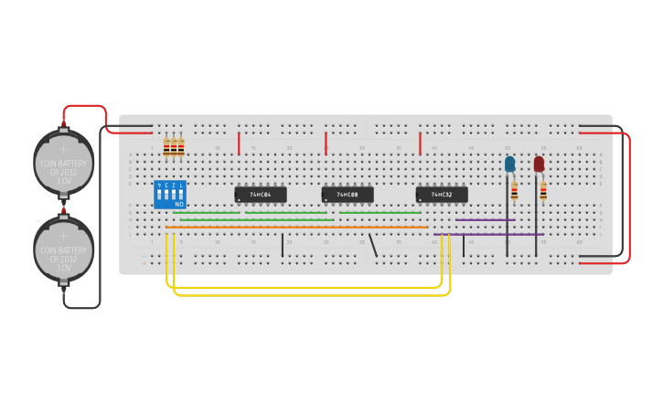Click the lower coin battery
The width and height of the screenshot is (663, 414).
pos(64,249)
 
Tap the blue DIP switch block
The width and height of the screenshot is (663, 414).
pos(170,194)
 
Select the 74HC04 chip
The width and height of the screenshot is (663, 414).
pos(261,195)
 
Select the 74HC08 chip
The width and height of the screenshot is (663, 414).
pos(348,195)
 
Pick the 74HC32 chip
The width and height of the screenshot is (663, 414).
pos(442,195)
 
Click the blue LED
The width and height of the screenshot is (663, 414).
pos(510,165)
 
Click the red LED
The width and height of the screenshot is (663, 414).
pos(539,164)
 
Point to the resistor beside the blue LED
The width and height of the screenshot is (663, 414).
pos(514,190)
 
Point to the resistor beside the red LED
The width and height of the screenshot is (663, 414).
pos(543,190)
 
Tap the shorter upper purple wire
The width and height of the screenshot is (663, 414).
pos(486,219)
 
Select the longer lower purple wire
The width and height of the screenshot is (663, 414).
pos(489,235)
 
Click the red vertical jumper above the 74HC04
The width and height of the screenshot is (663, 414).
pos(239,143)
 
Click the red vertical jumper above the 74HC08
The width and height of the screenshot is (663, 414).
pos(326,143)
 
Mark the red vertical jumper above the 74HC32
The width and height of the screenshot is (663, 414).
pos(420,143)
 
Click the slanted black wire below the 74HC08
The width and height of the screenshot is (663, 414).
pos(372,245)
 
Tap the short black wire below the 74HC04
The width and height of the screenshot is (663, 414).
pos(283,245)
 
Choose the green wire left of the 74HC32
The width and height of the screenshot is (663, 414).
pos(380,213)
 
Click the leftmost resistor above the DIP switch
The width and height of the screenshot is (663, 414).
pos(166,146)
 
